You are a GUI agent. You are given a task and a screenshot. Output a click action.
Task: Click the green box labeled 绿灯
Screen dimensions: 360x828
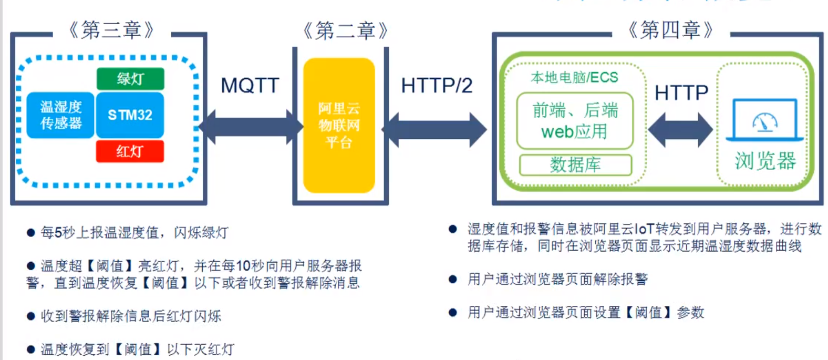click(130, 79)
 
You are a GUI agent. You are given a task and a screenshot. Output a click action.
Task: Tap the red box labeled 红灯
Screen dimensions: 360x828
click(130, 151)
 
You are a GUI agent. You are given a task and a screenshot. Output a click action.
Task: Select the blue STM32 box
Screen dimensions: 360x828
click(130, 115)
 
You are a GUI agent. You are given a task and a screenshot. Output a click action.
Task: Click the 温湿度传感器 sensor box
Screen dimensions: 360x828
click(61, 115)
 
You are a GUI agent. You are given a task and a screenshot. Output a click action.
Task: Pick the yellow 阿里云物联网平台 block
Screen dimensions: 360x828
click(339, 125)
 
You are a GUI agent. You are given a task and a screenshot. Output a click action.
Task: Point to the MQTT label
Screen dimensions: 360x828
click(250, 85)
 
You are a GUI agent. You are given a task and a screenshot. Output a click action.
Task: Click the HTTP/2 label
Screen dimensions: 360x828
click(437, 85)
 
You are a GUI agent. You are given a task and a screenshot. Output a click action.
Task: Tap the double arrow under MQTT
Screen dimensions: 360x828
click(251, 127)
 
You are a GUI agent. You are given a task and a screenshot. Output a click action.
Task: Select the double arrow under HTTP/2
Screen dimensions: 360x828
click(435, 129)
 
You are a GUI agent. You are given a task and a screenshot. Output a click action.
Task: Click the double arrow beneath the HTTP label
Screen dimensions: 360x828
click(680, 129)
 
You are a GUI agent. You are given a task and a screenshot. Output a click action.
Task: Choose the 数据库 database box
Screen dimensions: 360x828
click(575, 165)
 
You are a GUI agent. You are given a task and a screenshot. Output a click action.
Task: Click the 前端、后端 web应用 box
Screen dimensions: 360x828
click(575, 121)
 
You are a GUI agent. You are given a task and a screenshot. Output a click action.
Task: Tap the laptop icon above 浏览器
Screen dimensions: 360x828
click(764, 121)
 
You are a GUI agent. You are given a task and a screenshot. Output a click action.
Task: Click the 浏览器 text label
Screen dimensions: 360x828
click(765, 161)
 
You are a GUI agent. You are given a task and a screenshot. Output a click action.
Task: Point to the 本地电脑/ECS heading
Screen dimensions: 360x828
click(574, 78)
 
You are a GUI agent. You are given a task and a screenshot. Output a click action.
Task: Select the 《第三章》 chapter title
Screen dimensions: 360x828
click(111, 30)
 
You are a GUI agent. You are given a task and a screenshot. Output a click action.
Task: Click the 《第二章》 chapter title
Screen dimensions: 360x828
click(346, 31)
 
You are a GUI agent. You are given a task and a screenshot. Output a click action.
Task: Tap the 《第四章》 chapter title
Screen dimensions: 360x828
click(670, 30)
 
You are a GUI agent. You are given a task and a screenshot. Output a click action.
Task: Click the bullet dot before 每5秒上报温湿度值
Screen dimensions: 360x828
click(31, 233)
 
